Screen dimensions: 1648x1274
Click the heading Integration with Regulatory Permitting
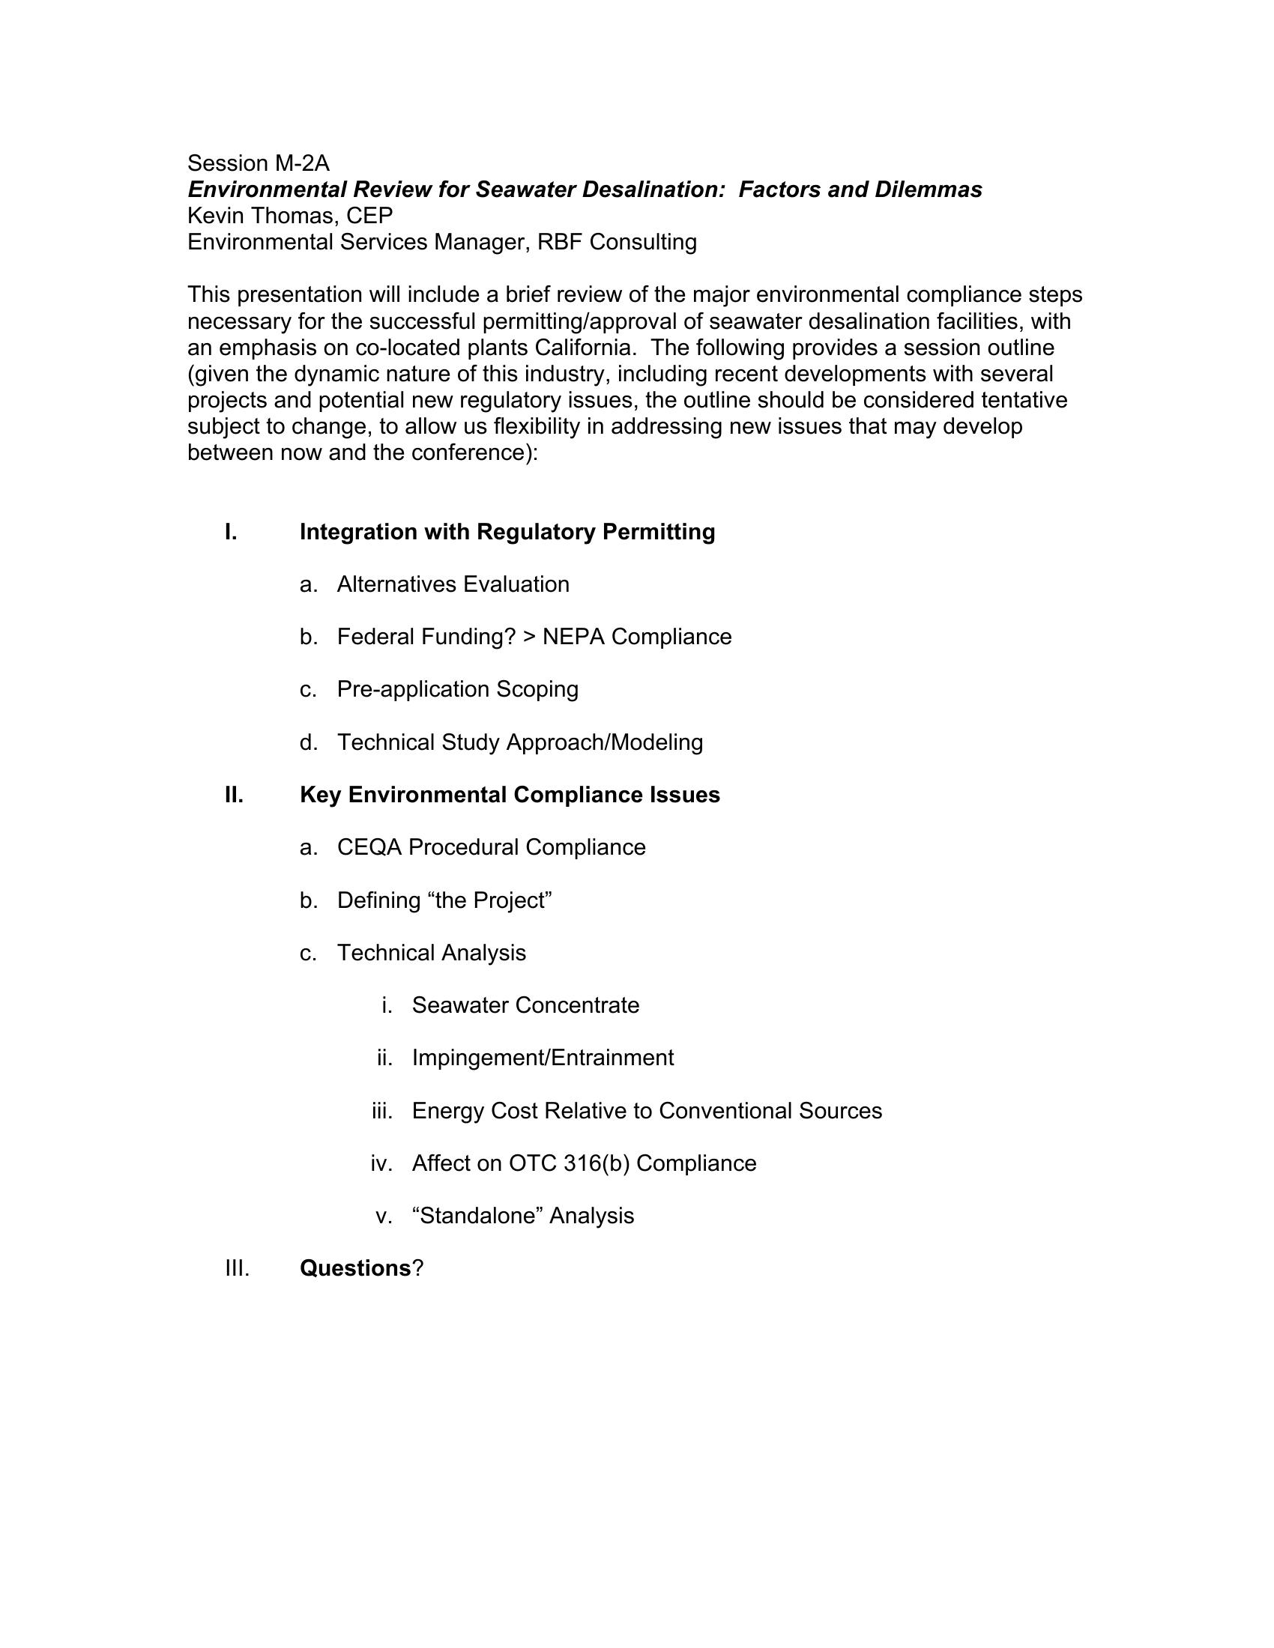click(x=507, y=532)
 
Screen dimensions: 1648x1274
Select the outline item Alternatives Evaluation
click(x=453, y=584)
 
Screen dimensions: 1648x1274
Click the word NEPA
click(x=573, y=637)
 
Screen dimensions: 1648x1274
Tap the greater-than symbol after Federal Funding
click(x=528, y=637)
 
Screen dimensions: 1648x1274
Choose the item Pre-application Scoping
click(x=457, y=689)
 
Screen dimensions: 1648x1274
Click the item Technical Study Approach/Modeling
click(x=520, y=742)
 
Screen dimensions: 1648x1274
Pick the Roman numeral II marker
click(x=234, y=795)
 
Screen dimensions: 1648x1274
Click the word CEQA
click(x=369, y=847)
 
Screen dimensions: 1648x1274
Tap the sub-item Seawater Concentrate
click(x=525, y=1005)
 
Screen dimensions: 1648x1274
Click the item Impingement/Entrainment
click(x=543, y=1058)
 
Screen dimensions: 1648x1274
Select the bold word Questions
click(x=354, y=1268)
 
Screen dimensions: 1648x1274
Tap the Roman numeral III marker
click(x=237, y=1268)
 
